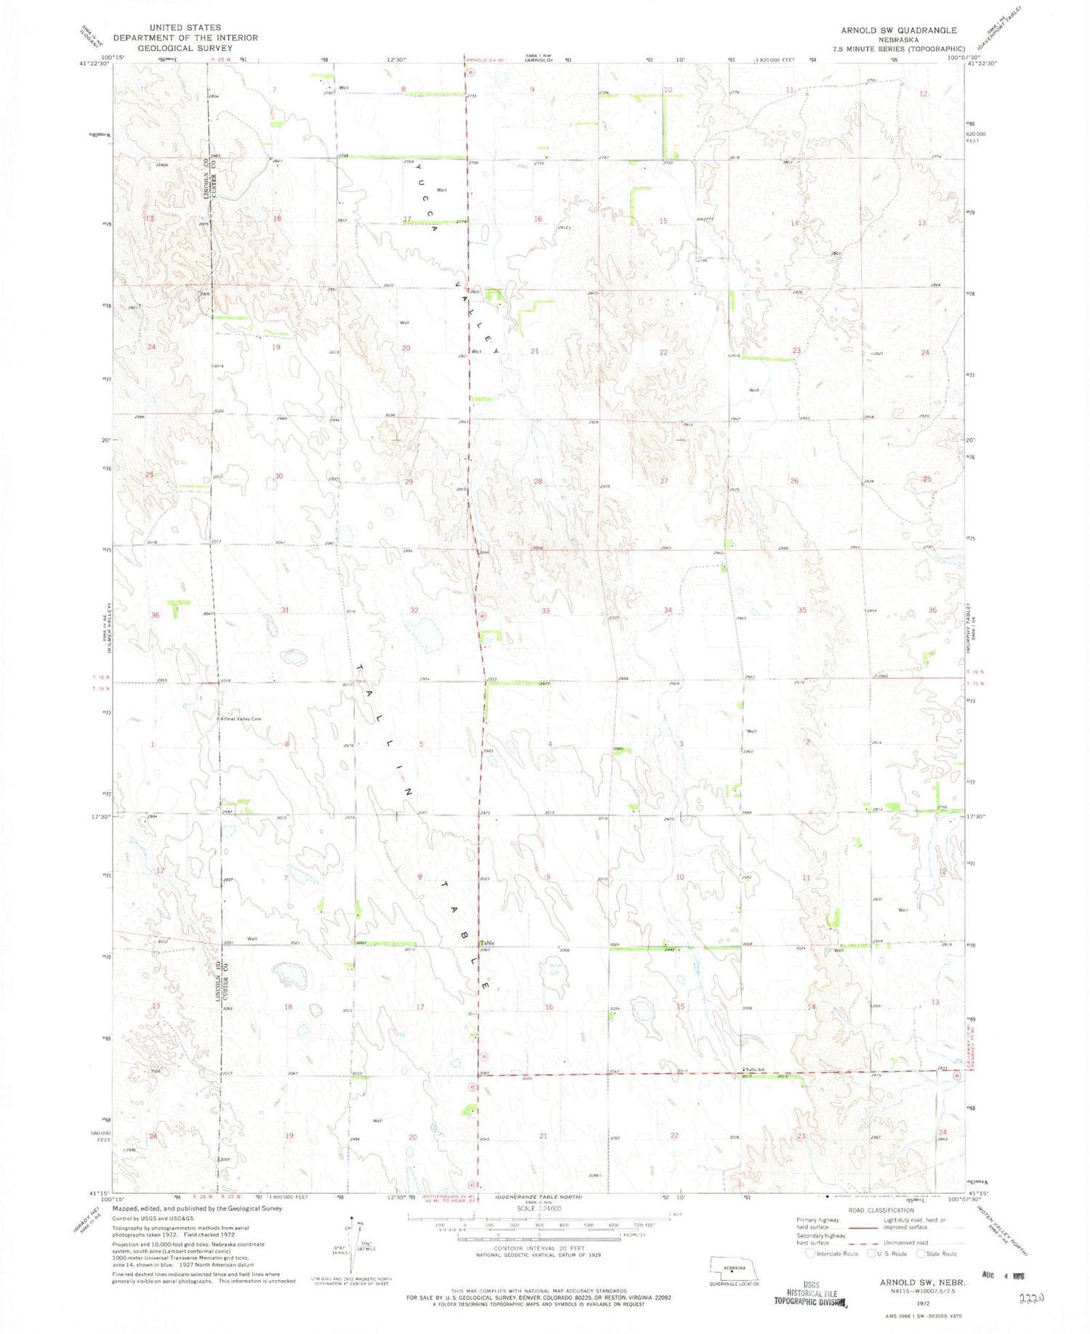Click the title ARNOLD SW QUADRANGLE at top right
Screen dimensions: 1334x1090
[x=898, y=31]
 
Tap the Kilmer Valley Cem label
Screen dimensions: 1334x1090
[x=241, y=719]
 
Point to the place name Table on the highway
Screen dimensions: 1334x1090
[x=486, y=944]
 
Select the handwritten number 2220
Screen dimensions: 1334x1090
[x=1031, y=1298]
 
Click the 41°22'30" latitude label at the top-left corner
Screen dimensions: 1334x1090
[x=94, y=64]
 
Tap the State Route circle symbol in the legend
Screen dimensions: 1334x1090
[x=921, y=1253]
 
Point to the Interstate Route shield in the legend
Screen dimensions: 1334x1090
[x=810, y=1253]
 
